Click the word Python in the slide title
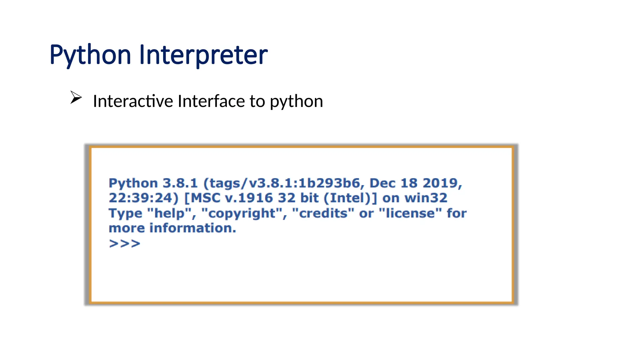click(x=90, y=55)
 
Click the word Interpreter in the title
click(x=203, y=55)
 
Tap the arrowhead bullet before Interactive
click(x=76, y=97)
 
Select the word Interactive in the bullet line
click(x=133, y=101)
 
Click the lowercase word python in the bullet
click(x=296, y=102)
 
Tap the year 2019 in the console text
click(x=441, y=183)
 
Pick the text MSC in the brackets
click(x=205, y=198)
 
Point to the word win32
click(x=426, y=198)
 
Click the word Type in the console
click(x=125, y=213)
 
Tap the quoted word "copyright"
click(x=242, y=213)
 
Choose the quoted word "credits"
click(x=323, y=213)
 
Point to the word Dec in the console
click(x=382, y=183)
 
